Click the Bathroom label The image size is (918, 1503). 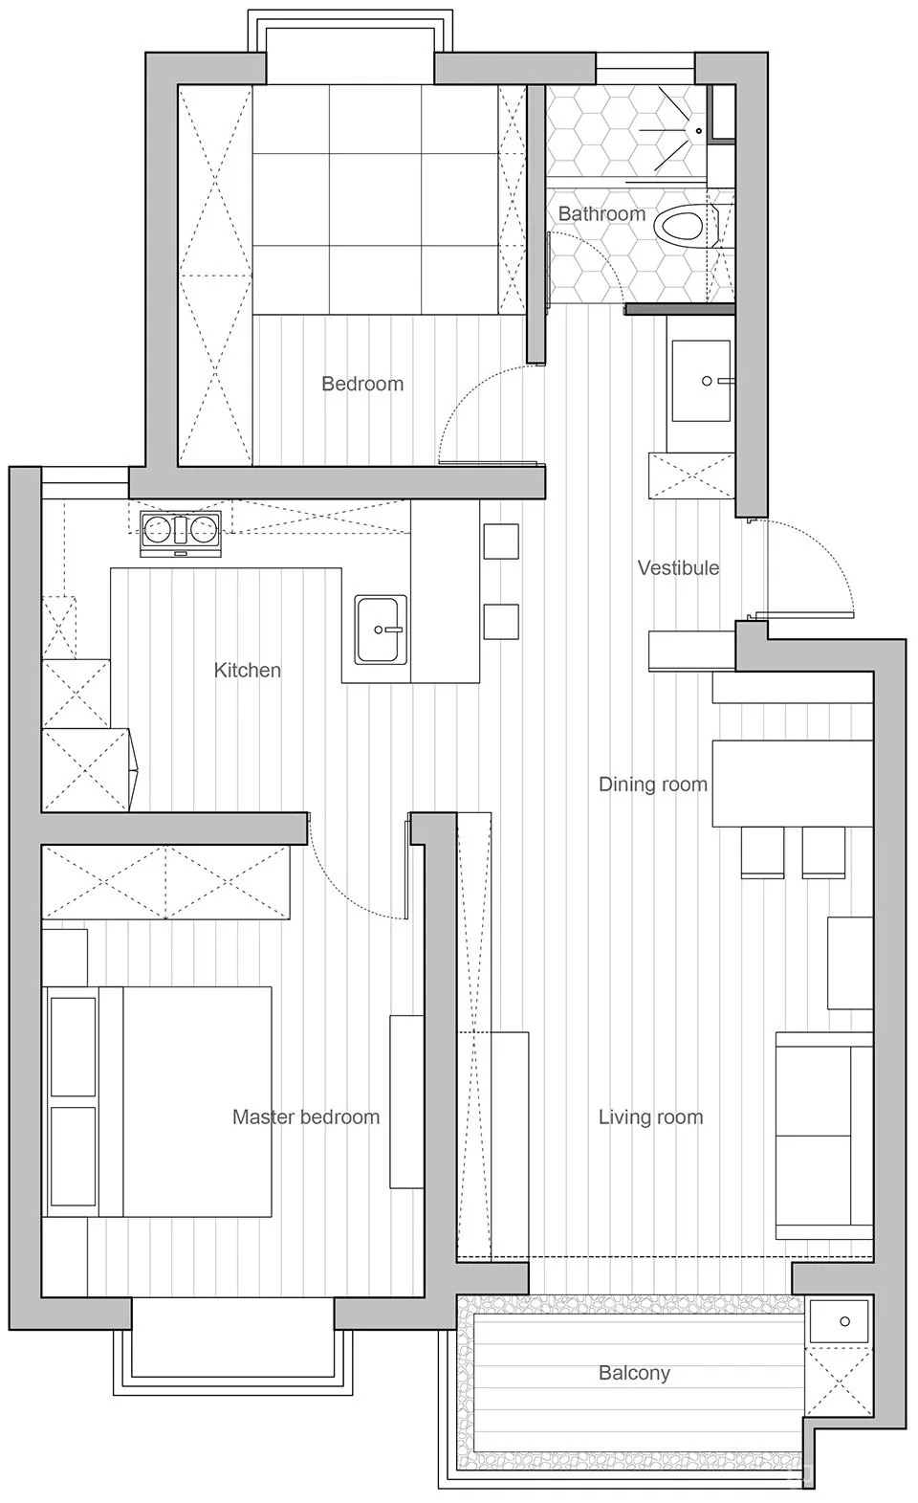pyautogui.click(x=601, y=214)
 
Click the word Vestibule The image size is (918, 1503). pyautogui.click(x=678, y=568)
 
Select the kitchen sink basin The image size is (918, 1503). pyautogui.click(x=381, y=630)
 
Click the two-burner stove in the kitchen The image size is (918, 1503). pyautogui.click(x=180, y=534)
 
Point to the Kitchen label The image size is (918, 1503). pyautogui.click(x=248, y=671)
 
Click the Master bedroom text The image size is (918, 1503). pyautogui.click(x=306, y=1117)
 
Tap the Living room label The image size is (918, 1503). pyautogui.click(x=650, y=1117)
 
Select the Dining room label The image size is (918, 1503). pyautogui.click(x=652, y=785)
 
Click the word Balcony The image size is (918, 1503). pyautogui.click(x=634, y=1373)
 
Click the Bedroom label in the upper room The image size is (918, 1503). pyautogui.click(x=362, y=384)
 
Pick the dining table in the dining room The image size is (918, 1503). pyautogui.click(x=792, y=783)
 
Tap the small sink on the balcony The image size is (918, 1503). pyautogui.click(x=839, y=1322)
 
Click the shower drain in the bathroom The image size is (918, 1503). pyautogui.click(x=699, y=131)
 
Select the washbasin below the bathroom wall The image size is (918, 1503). pyautogui.click(x=701, y=381)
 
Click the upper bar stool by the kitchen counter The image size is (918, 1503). pyautogui.click(x=500, y=542)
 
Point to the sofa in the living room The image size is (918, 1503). pyautogui.click(x=824, y=1136)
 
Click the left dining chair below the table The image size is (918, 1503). pyautogui.click(x=762, y=852)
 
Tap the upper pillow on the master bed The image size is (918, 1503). pyautogui.click(x=73, y=1047)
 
